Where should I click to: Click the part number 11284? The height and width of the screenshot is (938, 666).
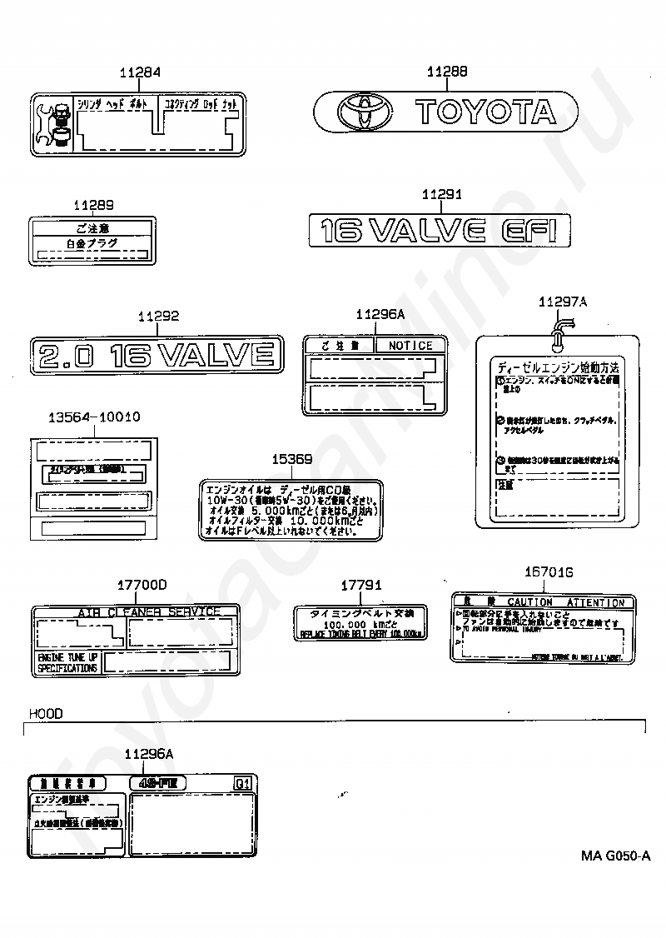(x=140, y=73)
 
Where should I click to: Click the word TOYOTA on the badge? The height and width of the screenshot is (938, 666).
(x=484, y=112)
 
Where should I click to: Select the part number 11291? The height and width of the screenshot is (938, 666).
(x=441, y=195)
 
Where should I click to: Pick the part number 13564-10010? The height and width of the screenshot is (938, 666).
(x=92, y=417)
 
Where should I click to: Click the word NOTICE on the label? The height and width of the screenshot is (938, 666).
(x=410, y=345)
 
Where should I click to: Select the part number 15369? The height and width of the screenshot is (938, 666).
(x=293, y=460)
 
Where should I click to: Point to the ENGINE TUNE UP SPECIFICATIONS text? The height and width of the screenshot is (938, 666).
(x=67, y=663)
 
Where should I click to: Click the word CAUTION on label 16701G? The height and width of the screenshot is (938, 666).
(x=529, y=602)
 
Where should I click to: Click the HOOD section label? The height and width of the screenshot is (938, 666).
(x=45, y=714)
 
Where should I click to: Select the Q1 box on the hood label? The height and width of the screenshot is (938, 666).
(x=242, y=783)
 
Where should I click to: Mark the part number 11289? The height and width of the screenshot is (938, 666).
(x=92, y=205)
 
